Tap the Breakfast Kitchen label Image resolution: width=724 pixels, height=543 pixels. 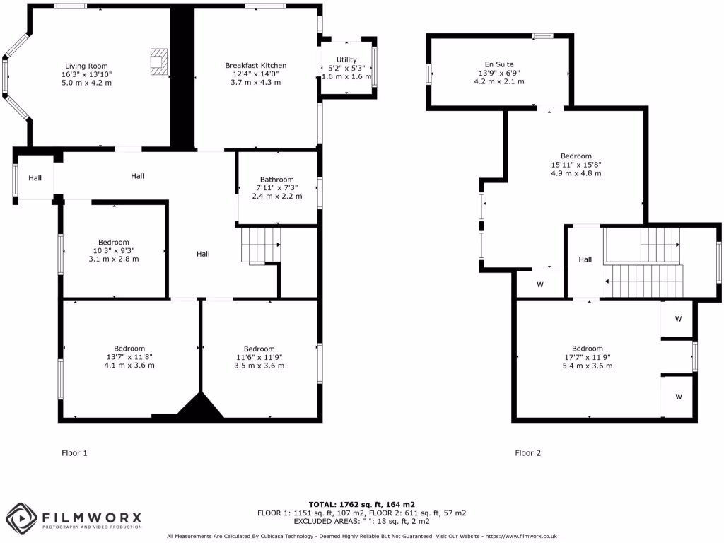coord(255,65)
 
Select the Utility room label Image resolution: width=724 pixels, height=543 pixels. coord(346,60)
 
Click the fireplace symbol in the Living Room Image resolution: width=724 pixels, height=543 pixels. coord(159,62)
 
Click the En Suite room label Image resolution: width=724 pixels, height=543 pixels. coord(499,64)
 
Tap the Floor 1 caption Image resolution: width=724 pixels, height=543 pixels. coord(74,453)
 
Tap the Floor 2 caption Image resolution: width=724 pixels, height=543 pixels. coord(527,453)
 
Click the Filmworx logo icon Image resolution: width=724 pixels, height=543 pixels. coord(21,518)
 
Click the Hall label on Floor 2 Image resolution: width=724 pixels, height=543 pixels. coord(585,259)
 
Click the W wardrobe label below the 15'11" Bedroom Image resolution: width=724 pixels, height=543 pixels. coord(539,285)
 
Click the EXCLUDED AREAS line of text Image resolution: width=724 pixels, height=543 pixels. coord(362,521)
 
